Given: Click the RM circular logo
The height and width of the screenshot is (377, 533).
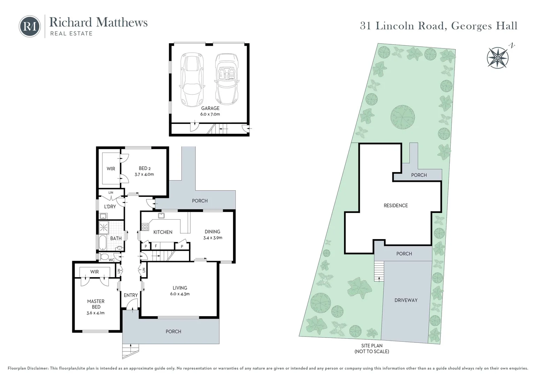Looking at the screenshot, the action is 30,27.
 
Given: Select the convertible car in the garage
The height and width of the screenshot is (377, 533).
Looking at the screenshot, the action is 227,79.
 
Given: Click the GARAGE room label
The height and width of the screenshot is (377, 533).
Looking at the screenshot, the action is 210,108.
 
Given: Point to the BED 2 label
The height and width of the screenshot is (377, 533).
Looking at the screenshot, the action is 144,168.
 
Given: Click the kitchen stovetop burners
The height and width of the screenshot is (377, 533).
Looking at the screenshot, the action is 145,227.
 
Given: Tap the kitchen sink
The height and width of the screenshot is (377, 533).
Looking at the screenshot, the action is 161,216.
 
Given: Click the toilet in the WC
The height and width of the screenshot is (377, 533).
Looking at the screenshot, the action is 104,257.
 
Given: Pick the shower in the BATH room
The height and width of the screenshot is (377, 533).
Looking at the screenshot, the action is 104,227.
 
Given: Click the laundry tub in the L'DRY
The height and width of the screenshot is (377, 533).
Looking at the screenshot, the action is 103,216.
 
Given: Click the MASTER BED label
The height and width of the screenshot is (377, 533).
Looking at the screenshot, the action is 96,304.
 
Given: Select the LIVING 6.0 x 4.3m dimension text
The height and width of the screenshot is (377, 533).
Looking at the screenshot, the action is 180,294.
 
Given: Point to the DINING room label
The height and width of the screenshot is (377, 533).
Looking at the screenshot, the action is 212,231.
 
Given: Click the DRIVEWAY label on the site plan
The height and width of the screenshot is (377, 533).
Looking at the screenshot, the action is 406,300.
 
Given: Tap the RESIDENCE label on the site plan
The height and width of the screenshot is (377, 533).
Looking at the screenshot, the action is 396,206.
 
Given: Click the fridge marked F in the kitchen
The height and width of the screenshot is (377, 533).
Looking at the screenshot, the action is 156,246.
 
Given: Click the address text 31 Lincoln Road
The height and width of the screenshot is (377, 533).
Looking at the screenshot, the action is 403,26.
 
